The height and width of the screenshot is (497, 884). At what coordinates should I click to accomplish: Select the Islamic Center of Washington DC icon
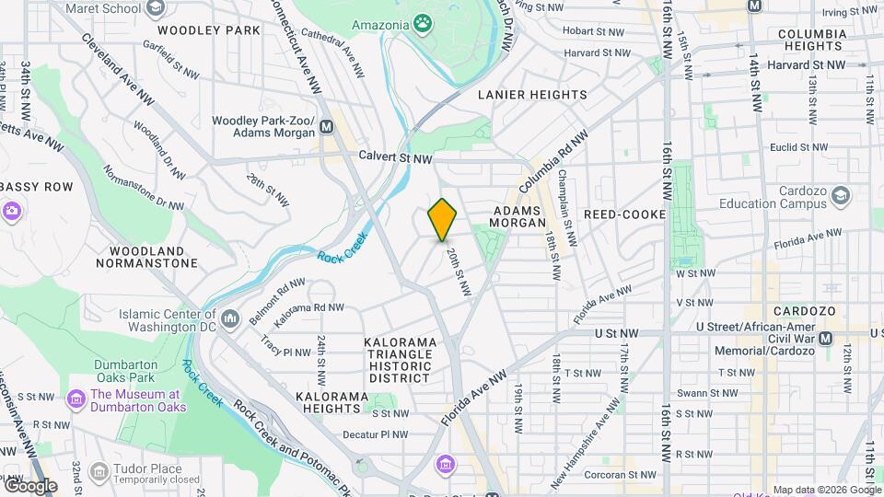(x=230, y=318)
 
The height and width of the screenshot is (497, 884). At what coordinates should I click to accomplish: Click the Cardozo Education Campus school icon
(x=840, y=196)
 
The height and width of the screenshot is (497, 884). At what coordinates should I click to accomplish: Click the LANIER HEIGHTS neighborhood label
(x=532, y=95)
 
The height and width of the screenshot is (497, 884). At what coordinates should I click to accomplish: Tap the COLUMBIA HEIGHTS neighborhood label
(x=811, y=40)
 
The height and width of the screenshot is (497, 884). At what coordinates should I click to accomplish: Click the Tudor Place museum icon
(x=99, y=471)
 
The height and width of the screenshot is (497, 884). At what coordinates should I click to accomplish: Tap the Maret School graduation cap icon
(x=155, y=7)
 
